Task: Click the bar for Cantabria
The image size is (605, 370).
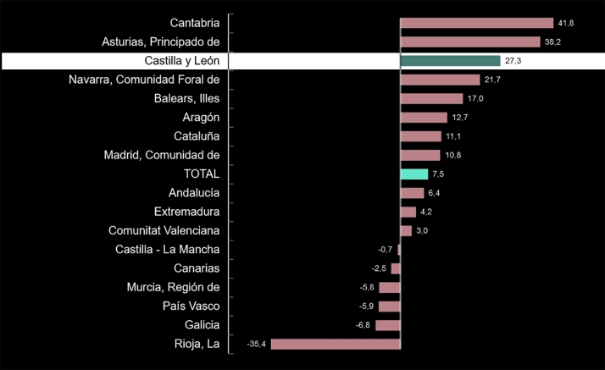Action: click(x=476, y=23)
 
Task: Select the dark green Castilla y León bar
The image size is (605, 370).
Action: click(x=450, y=61)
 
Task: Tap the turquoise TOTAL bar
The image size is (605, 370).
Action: click(x=414, y=174)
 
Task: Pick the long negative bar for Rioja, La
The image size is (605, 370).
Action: click(x=336, y=344)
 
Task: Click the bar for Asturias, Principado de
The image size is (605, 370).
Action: click(x=469, y=41)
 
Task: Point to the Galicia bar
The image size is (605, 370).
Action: click(x=388, y=325)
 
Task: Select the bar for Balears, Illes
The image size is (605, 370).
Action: click(x=431, y=98)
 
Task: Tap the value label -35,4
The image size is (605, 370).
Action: click(x=256, y=344)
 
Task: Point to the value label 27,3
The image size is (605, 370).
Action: click(x=513, y=61)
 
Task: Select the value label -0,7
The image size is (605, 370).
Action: click(x=386, y=250)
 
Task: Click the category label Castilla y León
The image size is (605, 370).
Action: click(x=182, y=61)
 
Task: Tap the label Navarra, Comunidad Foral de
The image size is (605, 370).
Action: click(x=144, y=80)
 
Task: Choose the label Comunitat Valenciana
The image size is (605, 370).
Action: click(x=164, y=230)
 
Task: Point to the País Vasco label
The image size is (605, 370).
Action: click(x=191, y=306)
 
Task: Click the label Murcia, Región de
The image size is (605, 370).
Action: click(x=173, y=287)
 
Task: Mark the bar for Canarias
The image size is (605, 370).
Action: click(x=396, y=268)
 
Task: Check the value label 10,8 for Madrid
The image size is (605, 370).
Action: click(x=452, y=155)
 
